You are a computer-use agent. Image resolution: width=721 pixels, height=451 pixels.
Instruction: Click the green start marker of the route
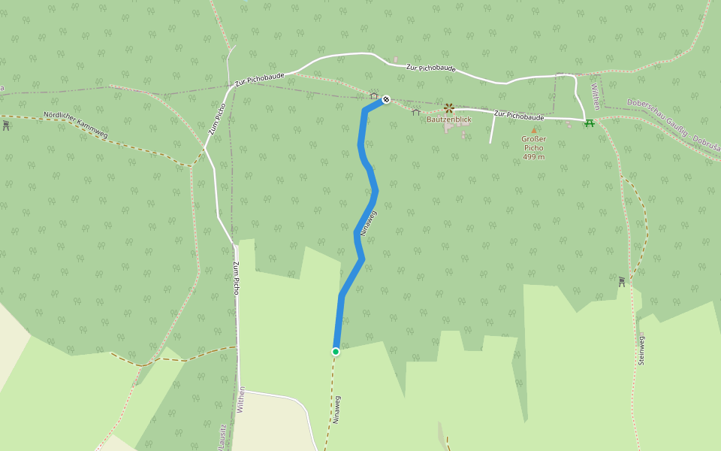[336, 351]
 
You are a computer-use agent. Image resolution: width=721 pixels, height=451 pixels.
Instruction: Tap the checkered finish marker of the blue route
[386, 98]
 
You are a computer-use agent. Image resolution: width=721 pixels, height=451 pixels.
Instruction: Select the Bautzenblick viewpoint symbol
[449, 108]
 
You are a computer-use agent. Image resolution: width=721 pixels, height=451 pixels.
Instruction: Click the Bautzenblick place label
[449, 120]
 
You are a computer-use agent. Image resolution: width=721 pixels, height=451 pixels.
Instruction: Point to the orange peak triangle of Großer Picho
[534, 130]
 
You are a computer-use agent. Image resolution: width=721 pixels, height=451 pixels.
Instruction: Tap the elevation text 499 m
[533, 156]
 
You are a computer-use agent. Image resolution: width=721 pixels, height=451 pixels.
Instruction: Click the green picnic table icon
[590, 123]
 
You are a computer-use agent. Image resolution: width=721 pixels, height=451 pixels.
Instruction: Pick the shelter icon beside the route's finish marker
[374, 95]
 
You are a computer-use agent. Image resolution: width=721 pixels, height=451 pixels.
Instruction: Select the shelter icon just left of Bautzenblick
[416, 112]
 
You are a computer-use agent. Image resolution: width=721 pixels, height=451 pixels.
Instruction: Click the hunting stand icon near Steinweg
[622, 281]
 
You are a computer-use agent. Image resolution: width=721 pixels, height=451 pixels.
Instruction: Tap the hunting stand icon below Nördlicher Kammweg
[6, 125]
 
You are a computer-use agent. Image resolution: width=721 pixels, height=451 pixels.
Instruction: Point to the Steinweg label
[641, 349]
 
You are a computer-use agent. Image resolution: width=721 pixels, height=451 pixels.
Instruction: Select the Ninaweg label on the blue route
[368, 223]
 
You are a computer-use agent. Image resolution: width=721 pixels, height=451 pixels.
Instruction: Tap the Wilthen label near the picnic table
[595, 95]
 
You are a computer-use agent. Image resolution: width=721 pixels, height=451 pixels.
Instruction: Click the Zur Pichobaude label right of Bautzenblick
[519, 116]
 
